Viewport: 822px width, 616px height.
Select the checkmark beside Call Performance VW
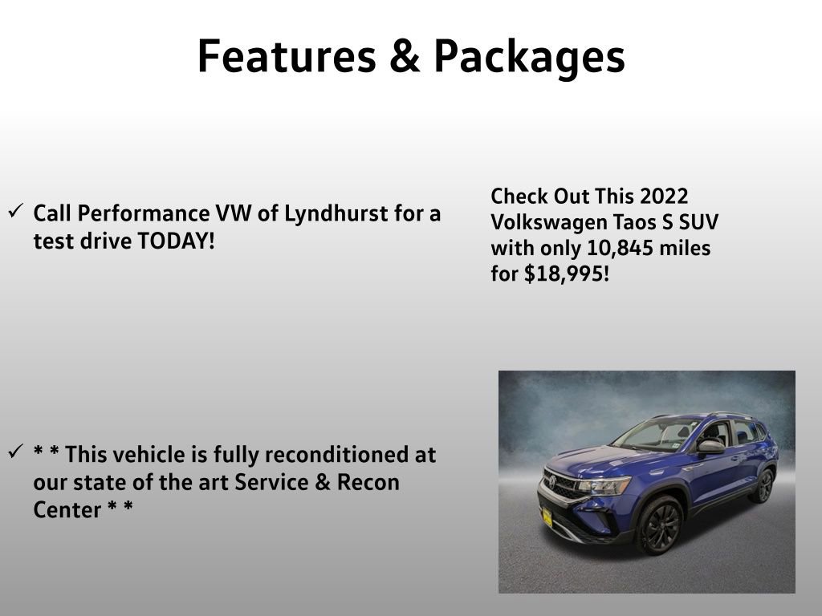[14, 212]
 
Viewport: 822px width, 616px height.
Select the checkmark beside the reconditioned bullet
[14, 452]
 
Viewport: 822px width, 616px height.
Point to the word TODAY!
[177, 241]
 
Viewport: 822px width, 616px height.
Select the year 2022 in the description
[665, 197]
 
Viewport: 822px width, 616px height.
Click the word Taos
[635, 223]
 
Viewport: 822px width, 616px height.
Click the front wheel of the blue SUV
[659, 525]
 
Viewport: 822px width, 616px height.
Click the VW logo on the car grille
[552, 481]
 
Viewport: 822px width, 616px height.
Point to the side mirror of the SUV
[710, 446]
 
